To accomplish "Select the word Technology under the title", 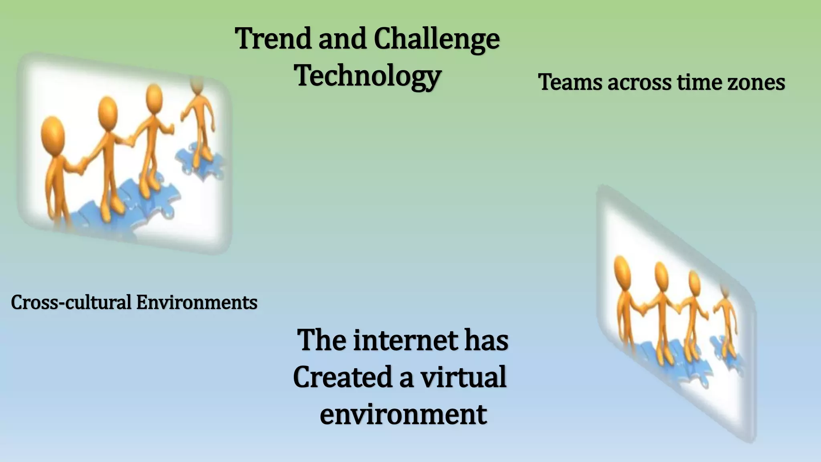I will coord(368,76).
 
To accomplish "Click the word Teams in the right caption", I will coord(570,82).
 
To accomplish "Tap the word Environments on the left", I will coord(196,302).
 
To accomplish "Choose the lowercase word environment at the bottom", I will coord(403,414).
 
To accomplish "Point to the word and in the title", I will coord(342,39).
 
